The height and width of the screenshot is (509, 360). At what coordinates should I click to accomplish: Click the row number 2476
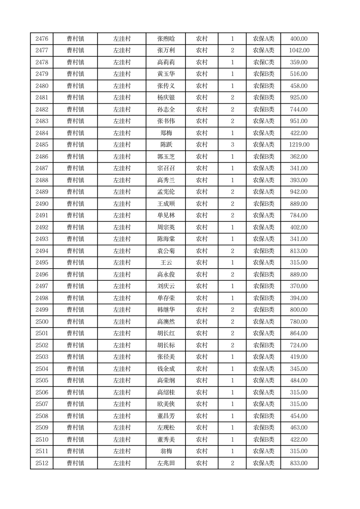tap(41, 39)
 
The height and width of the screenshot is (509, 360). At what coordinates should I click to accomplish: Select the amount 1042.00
tap(299, 51)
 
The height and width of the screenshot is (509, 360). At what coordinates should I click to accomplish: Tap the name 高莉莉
tap(165, 63)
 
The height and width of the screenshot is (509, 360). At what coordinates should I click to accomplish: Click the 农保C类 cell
tap(263, 63)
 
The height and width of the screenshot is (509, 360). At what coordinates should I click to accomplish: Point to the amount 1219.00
tap(299, 145)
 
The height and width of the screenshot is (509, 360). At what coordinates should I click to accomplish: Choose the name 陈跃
tap(165, 145)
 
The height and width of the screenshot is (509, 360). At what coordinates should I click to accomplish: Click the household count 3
tap(232, 145)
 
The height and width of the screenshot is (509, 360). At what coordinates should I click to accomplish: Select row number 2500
tap(41, 322)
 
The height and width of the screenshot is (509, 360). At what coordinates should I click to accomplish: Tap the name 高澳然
tap(165, 322)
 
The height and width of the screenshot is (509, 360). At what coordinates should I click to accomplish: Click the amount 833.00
tap(299, 463)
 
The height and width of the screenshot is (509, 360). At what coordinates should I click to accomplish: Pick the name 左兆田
tap(165, 463)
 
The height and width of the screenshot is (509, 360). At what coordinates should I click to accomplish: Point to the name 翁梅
tap(165, 451)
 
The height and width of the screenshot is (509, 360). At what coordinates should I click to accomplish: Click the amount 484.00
tap(299, 381)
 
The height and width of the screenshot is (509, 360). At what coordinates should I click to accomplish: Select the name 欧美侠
tap(165, 404)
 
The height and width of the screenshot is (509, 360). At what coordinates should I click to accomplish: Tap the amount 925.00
tap(299, 98)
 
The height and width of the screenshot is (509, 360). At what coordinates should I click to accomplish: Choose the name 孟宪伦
tap(165, 192)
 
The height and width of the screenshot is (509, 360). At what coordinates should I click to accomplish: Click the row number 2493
tap(41, 239)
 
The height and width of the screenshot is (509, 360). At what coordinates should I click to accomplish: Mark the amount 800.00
tap(299, 310)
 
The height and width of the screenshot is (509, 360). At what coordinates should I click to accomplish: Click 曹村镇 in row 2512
tap(75, 463)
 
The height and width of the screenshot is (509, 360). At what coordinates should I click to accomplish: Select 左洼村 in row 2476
tap(122, 39)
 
